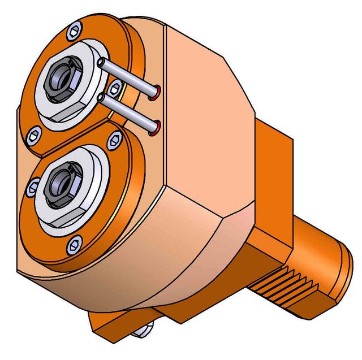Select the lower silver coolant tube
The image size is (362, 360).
130,111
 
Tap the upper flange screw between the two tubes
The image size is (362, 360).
115,86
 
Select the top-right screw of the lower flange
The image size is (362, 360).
115,138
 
